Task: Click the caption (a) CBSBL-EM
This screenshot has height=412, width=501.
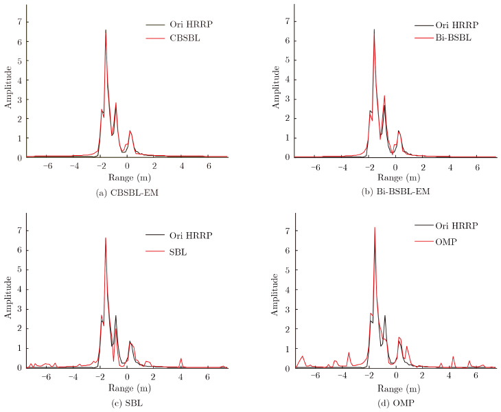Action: coord(126,191)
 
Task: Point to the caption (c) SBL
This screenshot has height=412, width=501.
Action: coord(127,402)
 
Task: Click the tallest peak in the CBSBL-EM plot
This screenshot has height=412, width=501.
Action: coord(106,30)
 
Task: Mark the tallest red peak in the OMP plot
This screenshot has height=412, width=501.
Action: coord(374,227)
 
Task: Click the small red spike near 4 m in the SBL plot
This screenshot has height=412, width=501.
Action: coord(181,358)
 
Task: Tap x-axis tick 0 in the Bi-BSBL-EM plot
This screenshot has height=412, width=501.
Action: coord(396,166)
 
